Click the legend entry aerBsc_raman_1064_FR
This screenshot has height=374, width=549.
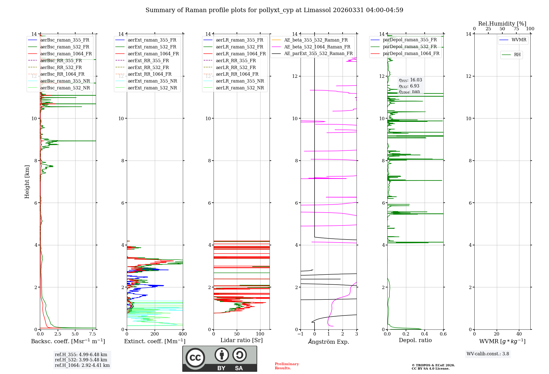(x=66, y=54)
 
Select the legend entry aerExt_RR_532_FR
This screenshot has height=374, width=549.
(x=148, y=67)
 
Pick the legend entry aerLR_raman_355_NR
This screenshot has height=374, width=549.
(x=240, y=81)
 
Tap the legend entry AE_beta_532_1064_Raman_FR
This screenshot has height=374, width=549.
(x=317, y=47)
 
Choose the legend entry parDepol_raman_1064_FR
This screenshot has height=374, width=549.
(x=411, y=53)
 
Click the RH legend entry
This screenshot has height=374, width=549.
(x=517, y=55)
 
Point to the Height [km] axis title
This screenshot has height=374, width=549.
(x=27, y=182)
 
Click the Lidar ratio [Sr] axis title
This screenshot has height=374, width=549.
(x=242, y=340)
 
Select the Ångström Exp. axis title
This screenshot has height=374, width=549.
(x=329, y=342)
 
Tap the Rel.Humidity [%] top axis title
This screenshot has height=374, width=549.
(x=502, y=24)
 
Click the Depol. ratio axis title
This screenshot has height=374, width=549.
(x=415, y=340)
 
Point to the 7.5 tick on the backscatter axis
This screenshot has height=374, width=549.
(x=93, y=334)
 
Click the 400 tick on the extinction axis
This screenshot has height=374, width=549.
(x=183, y=334)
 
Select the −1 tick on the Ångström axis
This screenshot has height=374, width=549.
(x=301, y=334)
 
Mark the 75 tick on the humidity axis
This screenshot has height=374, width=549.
(x=516, y=29)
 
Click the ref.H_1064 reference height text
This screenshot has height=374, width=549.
(x=82, y=365)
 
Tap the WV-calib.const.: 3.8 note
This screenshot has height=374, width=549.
(x=488, y=354)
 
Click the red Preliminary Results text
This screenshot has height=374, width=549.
(x=287, y=366)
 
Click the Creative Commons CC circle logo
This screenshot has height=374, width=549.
(x=195, y=358)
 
